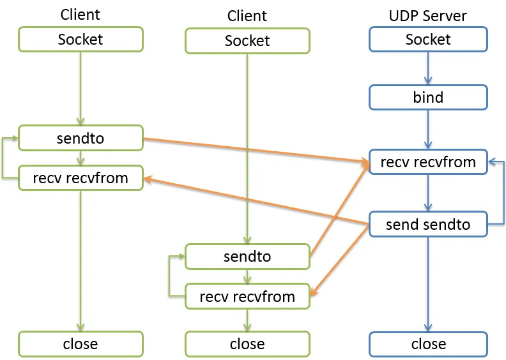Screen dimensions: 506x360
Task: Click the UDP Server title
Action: pyautogui.click(x=427, y=16)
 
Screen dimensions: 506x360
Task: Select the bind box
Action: pyautogui.click(x=428, y=97)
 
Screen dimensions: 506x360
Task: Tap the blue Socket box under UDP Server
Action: pyautogui.click(x=428, y=40)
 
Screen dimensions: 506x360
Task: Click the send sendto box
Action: pyautogui.click(x=428, y=224)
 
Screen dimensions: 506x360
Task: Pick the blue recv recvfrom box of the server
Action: pyautogui.click(x=428, y=161)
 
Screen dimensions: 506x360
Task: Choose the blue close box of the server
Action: pyautogui.click(x=428, y=344)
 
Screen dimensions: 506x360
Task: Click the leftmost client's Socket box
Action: pyautogui.click(x=80, y=40)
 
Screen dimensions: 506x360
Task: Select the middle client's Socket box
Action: pyautogui.click(x=247, y=41)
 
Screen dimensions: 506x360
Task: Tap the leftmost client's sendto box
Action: pyautogui.click(x=80, y=138)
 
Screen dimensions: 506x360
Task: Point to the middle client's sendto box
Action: pyautogui.click(x=247, y=257)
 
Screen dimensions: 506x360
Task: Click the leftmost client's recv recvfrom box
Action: pyautogui.click(x=80, y=178)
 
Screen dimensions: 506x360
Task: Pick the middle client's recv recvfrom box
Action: pyautogui.click(x=247, y=297)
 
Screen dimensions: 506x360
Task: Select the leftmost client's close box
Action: pyautogui.click(x=80, y=344)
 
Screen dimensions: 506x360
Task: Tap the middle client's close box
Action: pyautogui.click(x=247, y=344)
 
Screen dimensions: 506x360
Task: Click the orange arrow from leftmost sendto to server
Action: pyautogui.click(x=256, y=150)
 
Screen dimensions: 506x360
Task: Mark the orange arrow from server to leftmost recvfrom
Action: pyautogui.click(x=256, y=201)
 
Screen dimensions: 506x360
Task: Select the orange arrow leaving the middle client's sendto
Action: pyautogui.click(x=339, y=209)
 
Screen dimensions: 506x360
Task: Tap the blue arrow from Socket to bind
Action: pyautogui.click(x=428, y=68)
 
